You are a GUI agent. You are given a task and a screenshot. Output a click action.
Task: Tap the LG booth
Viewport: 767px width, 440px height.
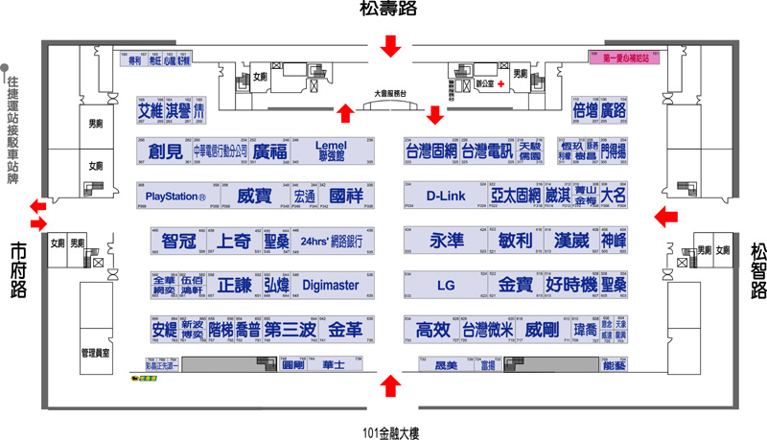tap(445, 285)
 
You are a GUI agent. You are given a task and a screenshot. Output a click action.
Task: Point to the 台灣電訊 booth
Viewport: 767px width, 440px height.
tap(487, 151)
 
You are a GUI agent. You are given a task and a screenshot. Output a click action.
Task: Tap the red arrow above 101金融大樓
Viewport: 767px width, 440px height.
tap(390, 386)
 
